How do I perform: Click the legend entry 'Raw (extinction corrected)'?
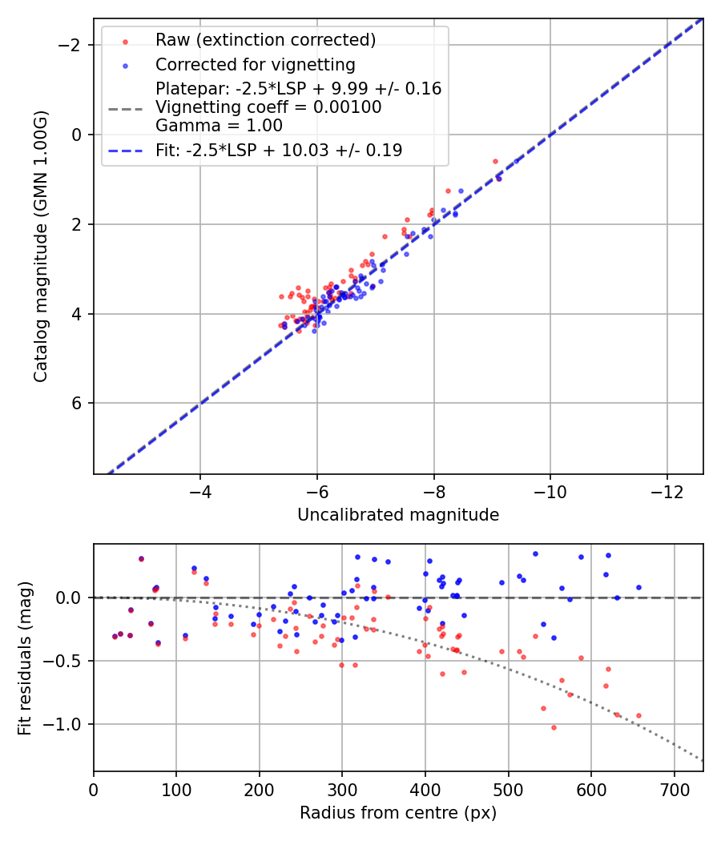click(x=265, y=40)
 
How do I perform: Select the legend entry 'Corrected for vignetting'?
click(x=255, y=64)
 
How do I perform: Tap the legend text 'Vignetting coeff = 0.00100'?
click(x=268, y=107)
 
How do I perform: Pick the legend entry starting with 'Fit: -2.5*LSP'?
click(x=278, y=150)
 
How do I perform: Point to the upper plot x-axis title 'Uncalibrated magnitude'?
click(x=398, y=515)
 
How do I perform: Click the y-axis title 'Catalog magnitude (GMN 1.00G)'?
click(x=41, y=246)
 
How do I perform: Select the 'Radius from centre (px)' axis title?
click(x=398, y=813)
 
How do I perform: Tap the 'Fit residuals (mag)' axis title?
click(x=25, y=658)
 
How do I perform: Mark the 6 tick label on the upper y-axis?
click(x=78, y=403)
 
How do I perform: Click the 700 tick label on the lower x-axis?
click(x=674, y=791)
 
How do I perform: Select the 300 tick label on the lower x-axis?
click(x=342, y=791)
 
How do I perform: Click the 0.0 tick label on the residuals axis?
click(x=70, y=598)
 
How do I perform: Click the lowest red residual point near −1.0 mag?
click(x=554, y=727)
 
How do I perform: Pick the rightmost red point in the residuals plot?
click(x=638, y=715)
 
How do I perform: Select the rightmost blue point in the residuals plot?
click(x=638, y=587)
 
